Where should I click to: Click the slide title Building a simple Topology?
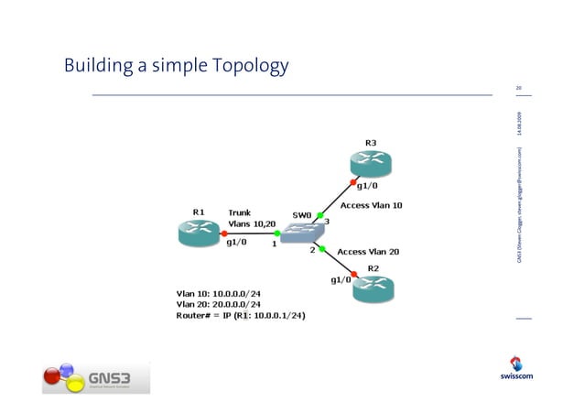click(x=176, y=66)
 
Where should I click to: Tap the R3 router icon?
click(x=368, y=165)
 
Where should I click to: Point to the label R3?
click(x=370, y=143)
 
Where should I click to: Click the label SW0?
click(x=302, y=215)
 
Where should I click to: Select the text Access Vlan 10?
click(x=371, y=206)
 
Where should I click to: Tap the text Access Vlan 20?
click(x=370, y=251)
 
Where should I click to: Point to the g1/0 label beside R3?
click(x=369, y=186)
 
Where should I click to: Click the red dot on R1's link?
click(x=225, y=234)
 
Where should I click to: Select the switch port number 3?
click(x=327, y=222)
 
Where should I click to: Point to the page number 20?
click(x=519, y=88)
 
